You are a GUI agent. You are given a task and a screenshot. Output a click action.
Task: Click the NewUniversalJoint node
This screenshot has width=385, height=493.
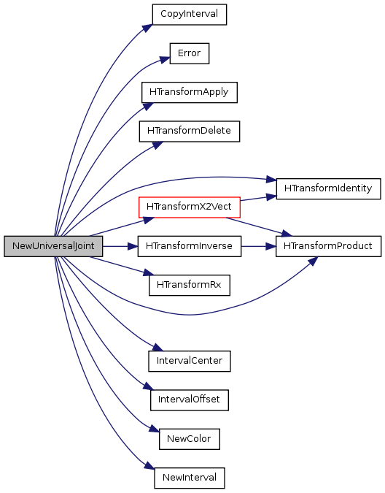(53, 246)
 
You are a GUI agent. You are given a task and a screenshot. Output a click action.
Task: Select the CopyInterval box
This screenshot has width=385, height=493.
(189, 15)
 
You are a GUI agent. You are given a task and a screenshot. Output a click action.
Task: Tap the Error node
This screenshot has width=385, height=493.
(189, 53)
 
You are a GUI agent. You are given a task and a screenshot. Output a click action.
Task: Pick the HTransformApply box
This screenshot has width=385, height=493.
(189, 93)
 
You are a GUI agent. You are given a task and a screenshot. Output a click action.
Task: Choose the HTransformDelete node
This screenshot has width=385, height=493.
(189, 131)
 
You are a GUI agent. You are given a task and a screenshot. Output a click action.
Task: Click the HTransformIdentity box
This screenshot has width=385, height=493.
(328, 188)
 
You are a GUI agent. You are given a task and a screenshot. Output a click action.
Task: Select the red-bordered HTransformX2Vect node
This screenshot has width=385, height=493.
(189, 207)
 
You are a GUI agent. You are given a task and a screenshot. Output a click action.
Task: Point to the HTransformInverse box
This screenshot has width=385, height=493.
(189, 246)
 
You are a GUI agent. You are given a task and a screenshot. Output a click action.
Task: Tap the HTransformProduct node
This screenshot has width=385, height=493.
(328, 246)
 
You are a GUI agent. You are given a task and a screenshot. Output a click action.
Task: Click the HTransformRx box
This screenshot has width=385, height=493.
(189, 285)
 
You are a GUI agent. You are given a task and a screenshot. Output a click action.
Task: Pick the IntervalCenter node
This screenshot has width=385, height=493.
(189, 361)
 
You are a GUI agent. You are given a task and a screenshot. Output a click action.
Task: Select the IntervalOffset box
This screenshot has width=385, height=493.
(189, 400)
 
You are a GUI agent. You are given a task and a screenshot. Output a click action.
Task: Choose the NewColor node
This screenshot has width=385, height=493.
(189, 439)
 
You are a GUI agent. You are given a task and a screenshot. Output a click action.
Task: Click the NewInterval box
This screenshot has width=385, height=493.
(189, 478)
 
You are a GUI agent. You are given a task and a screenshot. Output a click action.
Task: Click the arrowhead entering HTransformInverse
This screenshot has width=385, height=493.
(133, 246)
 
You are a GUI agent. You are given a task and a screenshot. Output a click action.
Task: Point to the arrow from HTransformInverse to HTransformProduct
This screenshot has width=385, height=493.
(258, 246)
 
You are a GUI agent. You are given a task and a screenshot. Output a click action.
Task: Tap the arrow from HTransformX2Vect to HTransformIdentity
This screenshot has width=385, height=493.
(258, 199)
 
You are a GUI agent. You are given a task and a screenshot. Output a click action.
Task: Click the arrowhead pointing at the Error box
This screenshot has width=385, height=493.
(165, 59)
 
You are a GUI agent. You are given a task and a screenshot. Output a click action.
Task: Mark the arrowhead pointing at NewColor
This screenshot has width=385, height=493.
(154, 429)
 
